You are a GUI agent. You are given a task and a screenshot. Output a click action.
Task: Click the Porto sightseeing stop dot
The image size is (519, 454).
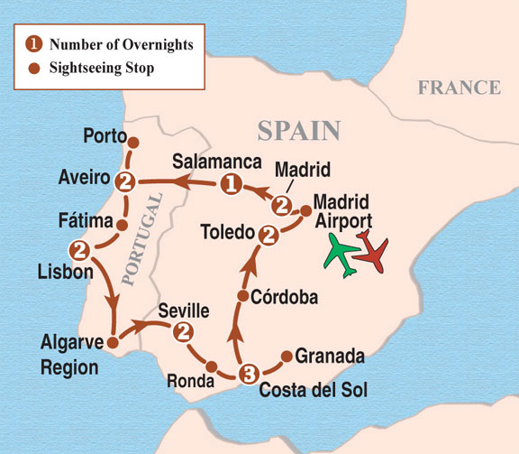tap(133, 143)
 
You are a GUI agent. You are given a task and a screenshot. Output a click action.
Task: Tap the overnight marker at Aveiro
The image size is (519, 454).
tap(126, 181)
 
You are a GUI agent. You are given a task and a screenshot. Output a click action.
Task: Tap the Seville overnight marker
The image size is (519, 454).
tap(186, 331)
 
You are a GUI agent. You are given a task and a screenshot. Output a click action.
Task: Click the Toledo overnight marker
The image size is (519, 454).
tap(267, 236)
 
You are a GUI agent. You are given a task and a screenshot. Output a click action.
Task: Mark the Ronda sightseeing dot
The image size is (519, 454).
tap(211, 366)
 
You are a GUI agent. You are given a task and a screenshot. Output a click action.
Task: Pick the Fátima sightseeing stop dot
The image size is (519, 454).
tap(122, 223)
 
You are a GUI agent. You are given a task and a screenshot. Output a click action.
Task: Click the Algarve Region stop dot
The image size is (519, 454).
tap(113, 343)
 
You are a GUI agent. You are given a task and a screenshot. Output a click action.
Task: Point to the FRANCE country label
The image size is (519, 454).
tap(458, 88)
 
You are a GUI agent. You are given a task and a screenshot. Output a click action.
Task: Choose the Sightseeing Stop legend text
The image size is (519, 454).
tap(107, 67)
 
